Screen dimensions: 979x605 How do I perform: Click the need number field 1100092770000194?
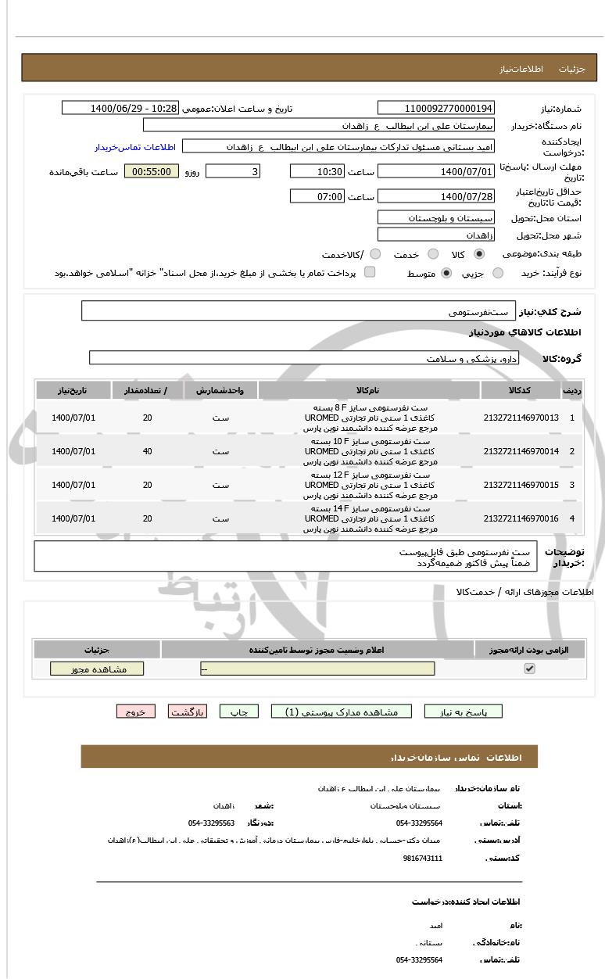(x=435, y=108)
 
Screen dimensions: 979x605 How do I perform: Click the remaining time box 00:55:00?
(x=152, y=171)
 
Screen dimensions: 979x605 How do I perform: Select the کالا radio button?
(x=479, y=254)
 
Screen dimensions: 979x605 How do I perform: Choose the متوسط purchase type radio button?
(x=446, y=273)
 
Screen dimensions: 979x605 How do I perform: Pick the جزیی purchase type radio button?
(x=497, y=273)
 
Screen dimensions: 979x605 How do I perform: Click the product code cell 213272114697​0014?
(x=521, y=451)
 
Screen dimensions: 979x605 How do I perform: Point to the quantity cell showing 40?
(x=148, y=451)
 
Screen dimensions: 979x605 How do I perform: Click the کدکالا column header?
(x=521, y=389)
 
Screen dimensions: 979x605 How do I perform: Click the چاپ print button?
(x=239, y=712)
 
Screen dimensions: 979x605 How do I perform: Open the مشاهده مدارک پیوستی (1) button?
(x=341, y=712)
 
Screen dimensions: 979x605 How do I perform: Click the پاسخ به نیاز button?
(x=463, y=712)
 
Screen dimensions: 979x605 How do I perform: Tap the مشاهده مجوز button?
(x=98, y=669)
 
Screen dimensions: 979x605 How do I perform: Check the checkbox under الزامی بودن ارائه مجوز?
(x=530, y=669)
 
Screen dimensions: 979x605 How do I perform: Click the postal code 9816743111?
(x=423, y=858)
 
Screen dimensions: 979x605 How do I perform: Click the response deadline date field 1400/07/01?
(x=435, y=171)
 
